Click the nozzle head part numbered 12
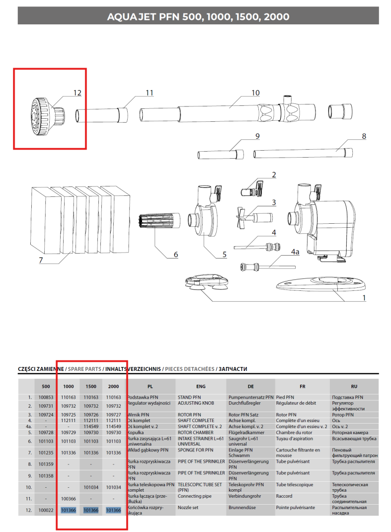point(42,116)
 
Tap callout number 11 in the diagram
point(150,92)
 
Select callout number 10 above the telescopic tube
point(255,92)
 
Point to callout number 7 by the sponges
point(41,260)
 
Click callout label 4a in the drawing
point(295,252)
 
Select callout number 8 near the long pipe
point(364,135)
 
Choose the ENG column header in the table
point(201,386)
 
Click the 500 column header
point(46,386)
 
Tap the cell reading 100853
point(46,397)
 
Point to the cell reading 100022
point(46,510)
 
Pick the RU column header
point(354,386)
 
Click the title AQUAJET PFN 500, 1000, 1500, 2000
point(198,17)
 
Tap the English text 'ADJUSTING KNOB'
point(196,403)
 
